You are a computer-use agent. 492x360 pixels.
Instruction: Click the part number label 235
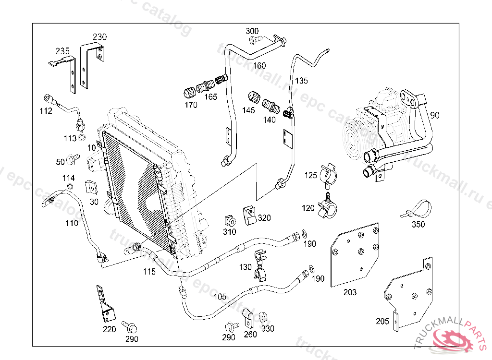point(62,51)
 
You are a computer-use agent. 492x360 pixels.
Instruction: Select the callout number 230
point(99,37)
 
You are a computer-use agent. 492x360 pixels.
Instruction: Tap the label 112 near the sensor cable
point(46,111)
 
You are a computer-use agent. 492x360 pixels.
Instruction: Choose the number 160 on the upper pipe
point(259,65)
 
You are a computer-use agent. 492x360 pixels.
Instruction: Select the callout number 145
point(248,110)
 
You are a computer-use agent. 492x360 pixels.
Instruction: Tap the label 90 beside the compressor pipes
point(434,115)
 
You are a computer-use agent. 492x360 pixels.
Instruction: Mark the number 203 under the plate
point(350,292)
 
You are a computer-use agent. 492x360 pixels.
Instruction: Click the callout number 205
point(382,321)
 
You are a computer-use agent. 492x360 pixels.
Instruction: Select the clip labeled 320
point(249,215)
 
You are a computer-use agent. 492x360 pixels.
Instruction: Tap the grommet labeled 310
point(230,221)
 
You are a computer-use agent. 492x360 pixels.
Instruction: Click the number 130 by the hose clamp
point(245,267)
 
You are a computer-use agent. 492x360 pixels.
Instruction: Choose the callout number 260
point(250,334)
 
